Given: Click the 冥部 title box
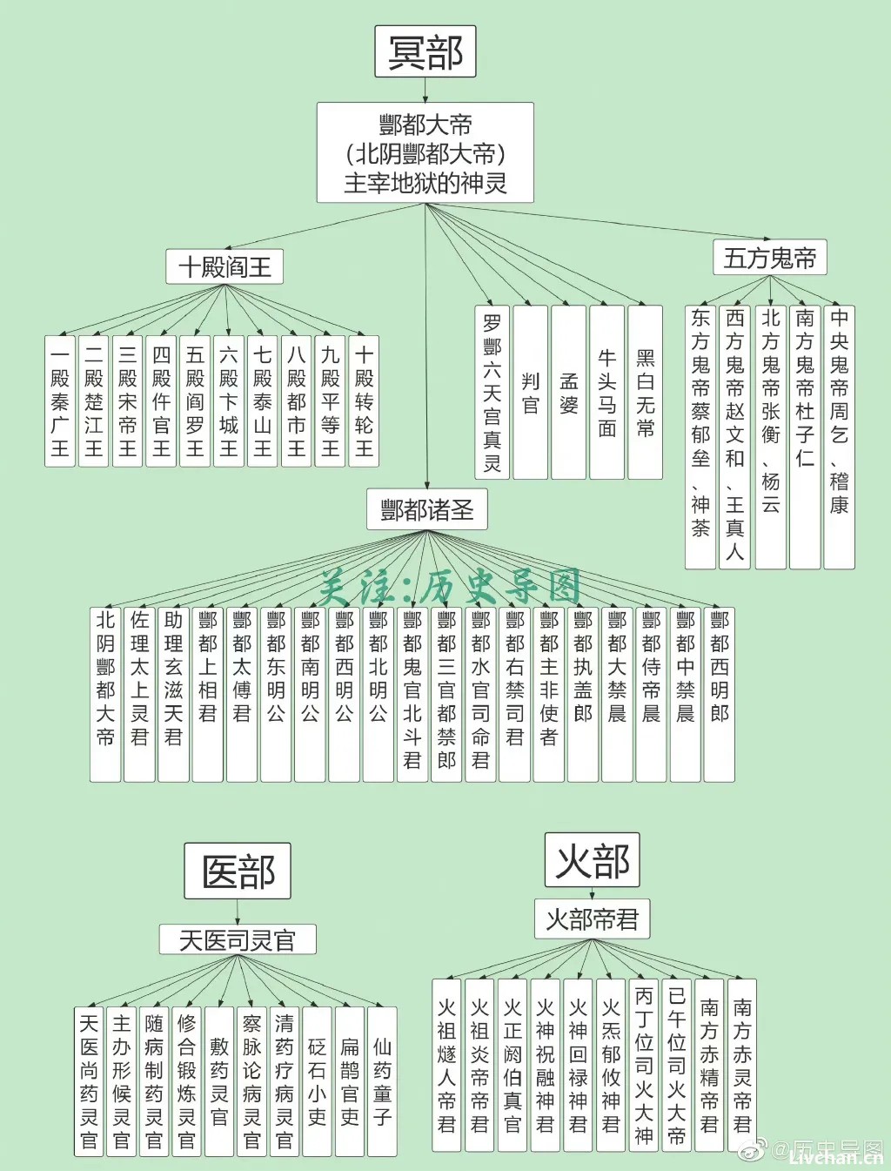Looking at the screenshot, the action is click(425, 51).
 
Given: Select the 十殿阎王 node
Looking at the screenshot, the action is click(224, 266).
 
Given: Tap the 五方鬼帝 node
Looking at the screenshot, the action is click(770, 257).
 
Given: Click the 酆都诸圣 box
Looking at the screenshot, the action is click(427, 509).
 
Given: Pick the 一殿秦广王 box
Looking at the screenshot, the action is click(60, 401).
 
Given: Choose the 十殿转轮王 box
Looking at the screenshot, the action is click(364, 401).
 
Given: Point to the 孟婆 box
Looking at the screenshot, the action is click(568, 392).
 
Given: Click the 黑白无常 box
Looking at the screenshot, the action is click(645, 392).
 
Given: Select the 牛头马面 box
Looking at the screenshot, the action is click(606, 392).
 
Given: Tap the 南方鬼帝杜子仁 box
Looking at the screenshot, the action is click(805, 437).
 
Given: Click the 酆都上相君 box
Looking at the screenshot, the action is click(207, 694).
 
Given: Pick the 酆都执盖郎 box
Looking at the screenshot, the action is click(583, 694).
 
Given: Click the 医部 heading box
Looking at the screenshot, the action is click(238, 871).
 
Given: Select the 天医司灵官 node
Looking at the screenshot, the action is click(238, 939).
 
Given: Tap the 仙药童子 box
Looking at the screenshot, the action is click(382, 1081).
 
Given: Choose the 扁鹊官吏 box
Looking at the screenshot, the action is click(350, 1081).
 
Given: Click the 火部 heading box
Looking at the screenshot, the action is click(592, 860).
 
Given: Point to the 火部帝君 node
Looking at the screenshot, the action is click(592, 919).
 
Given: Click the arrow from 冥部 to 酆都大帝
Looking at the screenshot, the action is click(425, 91).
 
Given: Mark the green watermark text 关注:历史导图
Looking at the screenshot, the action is click(450, 587).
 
